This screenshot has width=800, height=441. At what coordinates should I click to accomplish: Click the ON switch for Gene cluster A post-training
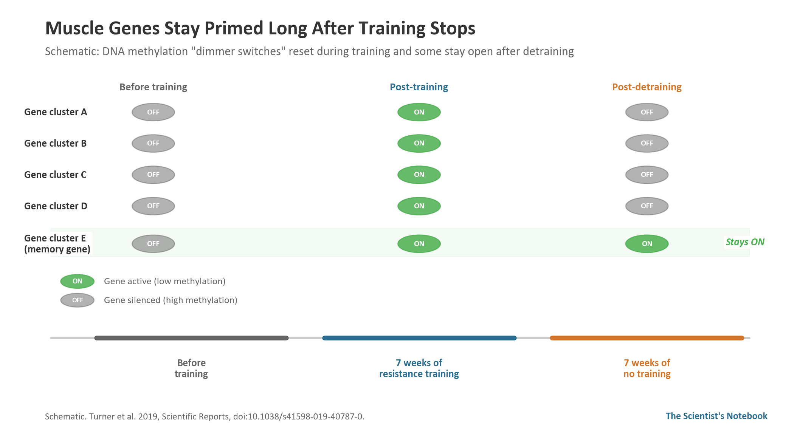[419, 112]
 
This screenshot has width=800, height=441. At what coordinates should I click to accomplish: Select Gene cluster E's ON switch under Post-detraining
[647, 244]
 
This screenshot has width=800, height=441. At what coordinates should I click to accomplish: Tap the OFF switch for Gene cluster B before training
[153, 144]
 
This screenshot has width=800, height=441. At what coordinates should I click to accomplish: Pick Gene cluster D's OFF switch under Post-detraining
[647, 206]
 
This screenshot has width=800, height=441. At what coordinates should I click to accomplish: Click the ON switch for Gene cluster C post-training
[419, 175]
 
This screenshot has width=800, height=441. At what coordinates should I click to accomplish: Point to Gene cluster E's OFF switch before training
[153, 244]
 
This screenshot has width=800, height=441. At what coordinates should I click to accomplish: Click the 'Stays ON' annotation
[745, 242]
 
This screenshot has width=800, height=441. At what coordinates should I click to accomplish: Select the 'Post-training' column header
[419, 87]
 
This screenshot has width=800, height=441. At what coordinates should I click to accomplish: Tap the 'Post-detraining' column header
[647, 87]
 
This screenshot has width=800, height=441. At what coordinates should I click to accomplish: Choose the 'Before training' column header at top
[153, 87]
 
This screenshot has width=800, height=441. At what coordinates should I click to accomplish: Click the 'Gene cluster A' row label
[56, 112]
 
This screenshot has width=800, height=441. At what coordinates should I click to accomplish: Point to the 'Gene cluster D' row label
[56, 206]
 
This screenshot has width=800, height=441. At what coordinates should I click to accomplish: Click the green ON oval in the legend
[77, 281]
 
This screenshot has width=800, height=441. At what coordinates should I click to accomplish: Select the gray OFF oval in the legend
[77, 300]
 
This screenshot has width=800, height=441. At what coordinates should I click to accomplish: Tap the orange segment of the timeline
[647, 338]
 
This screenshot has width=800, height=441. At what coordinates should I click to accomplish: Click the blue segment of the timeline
[419, 338]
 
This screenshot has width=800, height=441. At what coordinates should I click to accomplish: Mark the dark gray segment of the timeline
[191, 338]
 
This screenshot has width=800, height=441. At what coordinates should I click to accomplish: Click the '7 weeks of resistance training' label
[419, 368]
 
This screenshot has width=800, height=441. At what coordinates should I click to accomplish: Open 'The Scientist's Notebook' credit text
[716, 416]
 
